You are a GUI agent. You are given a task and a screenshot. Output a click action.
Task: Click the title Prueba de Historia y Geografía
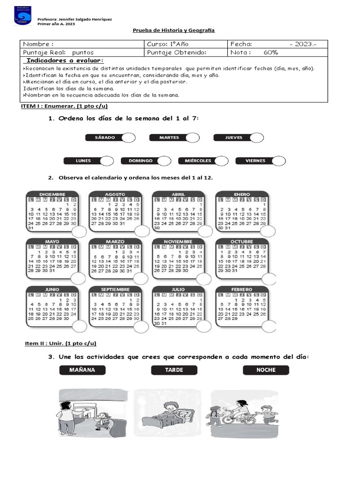[x=173, y=30]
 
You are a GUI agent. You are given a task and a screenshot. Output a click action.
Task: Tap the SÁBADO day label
[x=105, y=137]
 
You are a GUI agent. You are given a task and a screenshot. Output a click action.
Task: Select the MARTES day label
[x=169, y=137]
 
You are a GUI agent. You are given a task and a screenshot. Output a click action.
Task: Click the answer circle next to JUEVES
[x=256, y=137]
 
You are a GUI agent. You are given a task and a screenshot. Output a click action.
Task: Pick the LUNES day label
[x=83, y=161]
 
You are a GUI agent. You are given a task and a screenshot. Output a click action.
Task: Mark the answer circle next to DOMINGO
[x=164, y=161]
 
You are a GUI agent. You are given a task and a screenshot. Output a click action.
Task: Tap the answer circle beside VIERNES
[x=278, y=161]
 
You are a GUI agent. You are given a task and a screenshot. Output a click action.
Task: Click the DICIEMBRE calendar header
[x=52, y=194]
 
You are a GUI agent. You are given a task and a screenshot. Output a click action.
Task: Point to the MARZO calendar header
[x=115, y=242]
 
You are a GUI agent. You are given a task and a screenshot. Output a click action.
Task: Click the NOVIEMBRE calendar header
[x=178, y=242]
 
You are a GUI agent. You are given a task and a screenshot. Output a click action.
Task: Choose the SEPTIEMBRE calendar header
[x=115, y=290]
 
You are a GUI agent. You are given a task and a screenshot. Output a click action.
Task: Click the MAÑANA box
[x=82, y=370]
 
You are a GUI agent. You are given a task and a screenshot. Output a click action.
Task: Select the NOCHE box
[x=266, y=370]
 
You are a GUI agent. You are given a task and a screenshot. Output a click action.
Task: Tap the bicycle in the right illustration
[x=240, y=417]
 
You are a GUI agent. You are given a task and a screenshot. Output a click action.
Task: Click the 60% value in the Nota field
[x=271, y=53]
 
